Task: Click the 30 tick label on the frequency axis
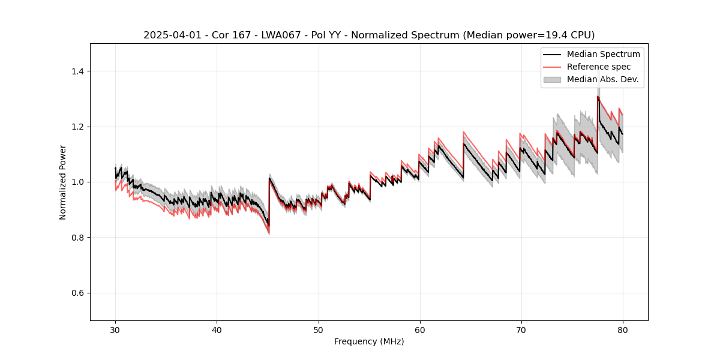point(116,329)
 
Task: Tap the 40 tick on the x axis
point(217,329)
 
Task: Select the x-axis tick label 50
point(319,329)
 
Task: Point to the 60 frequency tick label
point(420,329)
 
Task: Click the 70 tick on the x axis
point(521,329)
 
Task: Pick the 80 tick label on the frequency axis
point(623,329)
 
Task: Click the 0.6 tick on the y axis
point(79,293)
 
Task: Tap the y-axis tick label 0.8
point(79,238)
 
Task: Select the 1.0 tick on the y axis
point(79,182)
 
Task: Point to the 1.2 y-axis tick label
point(79,127)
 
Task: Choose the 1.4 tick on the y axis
point(79,71)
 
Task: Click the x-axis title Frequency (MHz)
point(369,341)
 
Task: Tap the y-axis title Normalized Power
point(63,182)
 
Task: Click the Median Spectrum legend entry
point(603,55)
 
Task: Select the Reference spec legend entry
point(599,67)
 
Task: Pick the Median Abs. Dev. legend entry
point(602,79)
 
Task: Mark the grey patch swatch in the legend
point(552,79)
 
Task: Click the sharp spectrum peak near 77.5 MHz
point(598,97)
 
